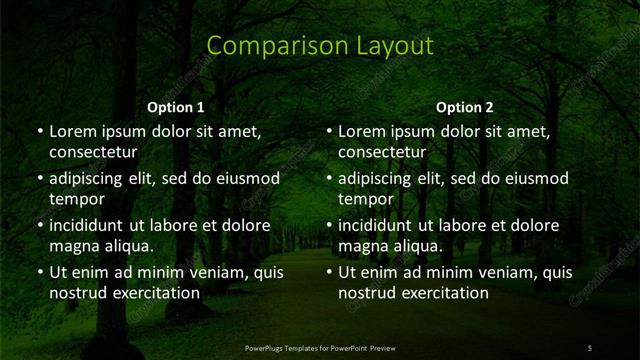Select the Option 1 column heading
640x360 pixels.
(176, 107)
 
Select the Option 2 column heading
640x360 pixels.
(465, 107)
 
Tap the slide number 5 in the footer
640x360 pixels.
(590, 348)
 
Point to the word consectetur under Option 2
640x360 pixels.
(382, 152)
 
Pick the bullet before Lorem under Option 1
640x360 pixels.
(39, 131)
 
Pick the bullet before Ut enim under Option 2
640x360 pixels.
(328, 272)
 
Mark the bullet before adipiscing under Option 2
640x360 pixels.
(328, 178)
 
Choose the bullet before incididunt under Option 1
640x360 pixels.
(39, 225)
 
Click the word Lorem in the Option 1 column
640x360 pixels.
(73, 131)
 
